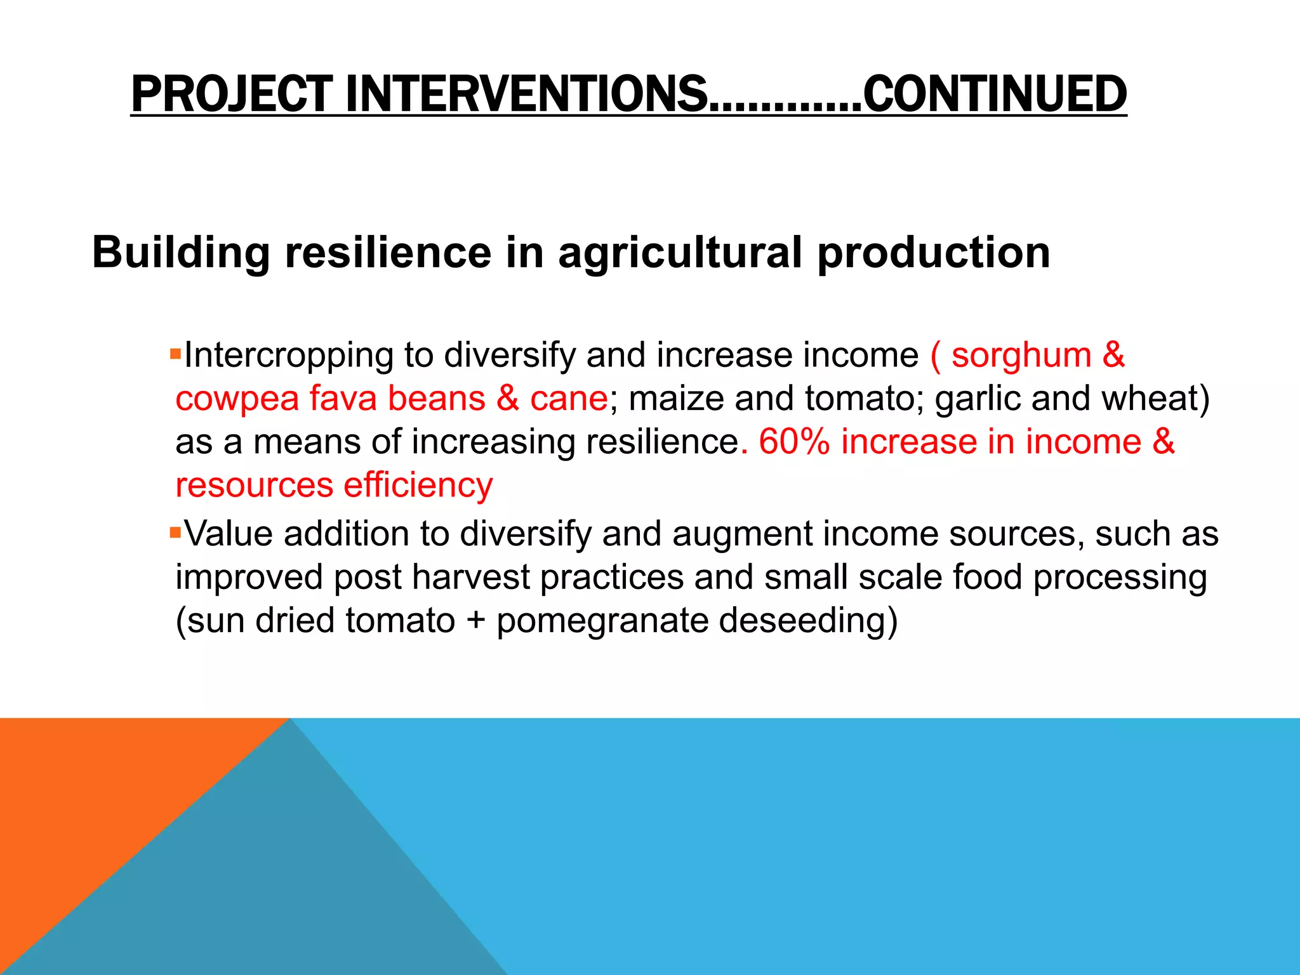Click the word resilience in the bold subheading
388,253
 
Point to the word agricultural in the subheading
680,253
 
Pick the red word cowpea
237,399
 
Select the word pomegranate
602,621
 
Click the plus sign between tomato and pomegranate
475,621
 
